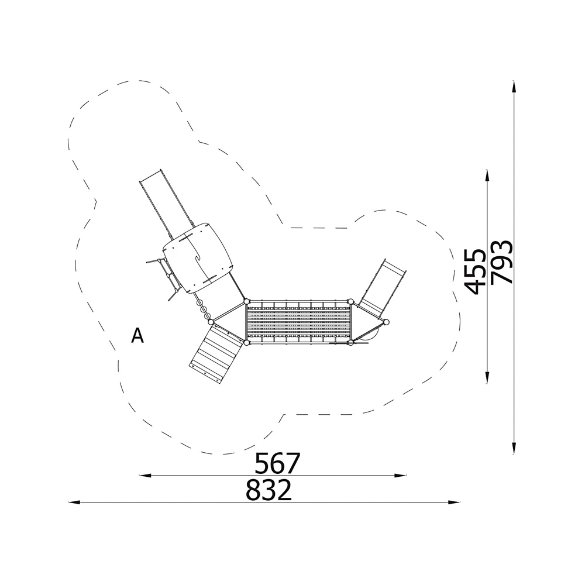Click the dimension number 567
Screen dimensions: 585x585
[x=277, y=463]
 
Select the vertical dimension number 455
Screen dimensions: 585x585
[x=475, y=271]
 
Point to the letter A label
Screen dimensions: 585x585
[x=137, y=335]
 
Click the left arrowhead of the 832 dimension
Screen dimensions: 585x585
[x=74, y=503]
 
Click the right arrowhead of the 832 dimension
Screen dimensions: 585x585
[x=454, y=503]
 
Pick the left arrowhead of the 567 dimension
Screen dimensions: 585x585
[x=144, y=475]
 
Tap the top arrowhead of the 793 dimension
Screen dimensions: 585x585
[x=514, y=87]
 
